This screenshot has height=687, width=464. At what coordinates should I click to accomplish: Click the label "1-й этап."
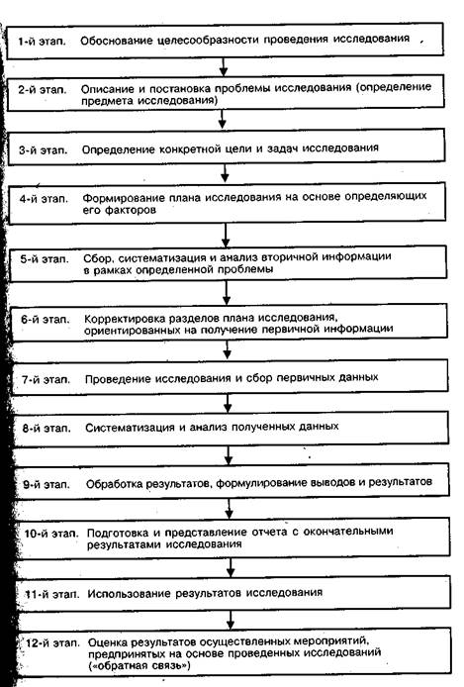[x=42, y=42]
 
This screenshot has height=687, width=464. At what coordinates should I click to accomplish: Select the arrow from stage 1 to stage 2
[x=224, y=65]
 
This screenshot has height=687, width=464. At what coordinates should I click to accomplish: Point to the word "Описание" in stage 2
[x=107, y=89]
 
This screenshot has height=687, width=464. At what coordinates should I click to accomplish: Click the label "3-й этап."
[x=43, y=150]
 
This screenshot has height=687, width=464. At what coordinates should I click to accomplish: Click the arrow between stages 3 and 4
[x=225, y=173]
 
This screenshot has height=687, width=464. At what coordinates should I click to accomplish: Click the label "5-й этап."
[x=45, y=259]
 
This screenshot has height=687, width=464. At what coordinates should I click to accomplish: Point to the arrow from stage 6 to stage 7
[x=228, y=349]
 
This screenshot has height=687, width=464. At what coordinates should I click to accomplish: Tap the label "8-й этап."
[x=46, y=428]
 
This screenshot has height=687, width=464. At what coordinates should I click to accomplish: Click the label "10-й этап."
[x=51, y=534]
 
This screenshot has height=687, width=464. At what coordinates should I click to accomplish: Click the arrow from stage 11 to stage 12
[x=231, y=619]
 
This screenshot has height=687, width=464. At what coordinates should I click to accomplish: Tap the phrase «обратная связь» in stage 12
[x=139, y=666]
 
